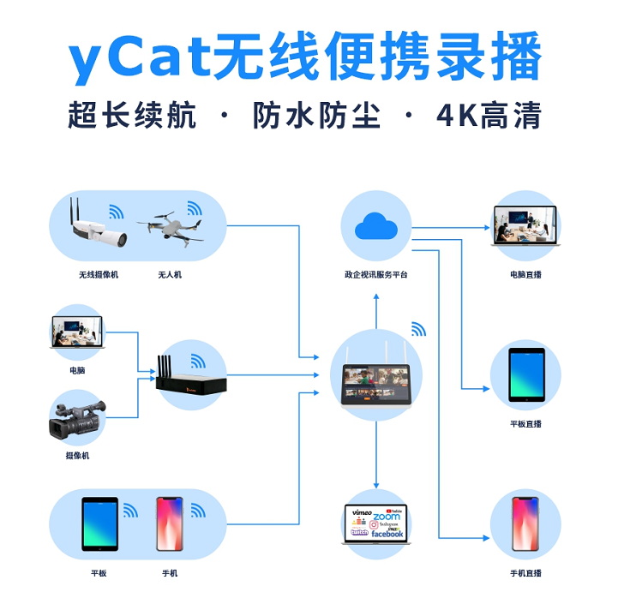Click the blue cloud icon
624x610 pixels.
click(375, 226)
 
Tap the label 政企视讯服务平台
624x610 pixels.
click(375, 275)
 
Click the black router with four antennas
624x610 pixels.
click(191, 378)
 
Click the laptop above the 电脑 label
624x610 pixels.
click(77, 332)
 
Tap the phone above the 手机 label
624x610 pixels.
click(170, 523)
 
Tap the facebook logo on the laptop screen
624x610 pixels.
click(387, 534)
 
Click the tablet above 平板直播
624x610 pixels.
click(525, 375)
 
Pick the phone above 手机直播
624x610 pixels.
click(525, 523)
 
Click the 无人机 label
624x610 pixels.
click(170, 275)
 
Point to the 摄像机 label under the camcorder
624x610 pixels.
click(77, 456)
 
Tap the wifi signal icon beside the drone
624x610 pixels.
click(196, 208)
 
